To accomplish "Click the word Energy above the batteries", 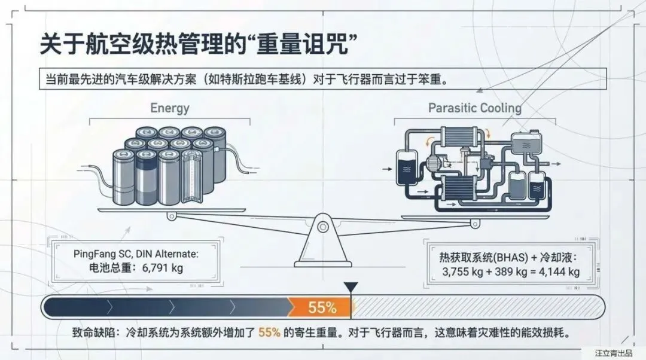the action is tap(170, 108).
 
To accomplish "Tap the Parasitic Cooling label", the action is tap(474, 108).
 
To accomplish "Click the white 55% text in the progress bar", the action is tap(322, 308).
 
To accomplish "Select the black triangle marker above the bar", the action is tap(351, 288).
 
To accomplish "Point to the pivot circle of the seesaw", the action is tap(323, 227).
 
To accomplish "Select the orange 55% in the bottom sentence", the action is tap(269, 332).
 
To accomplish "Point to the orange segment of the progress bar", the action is tap(317, 308).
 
